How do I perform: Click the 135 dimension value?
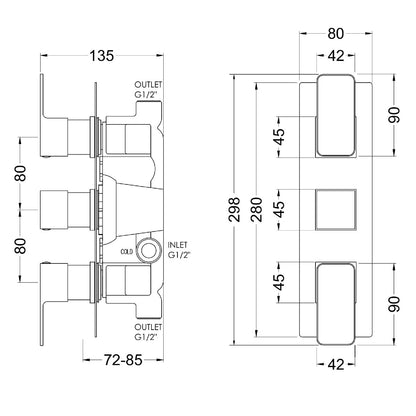click(102, 55)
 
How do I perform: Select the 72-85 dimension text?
click(123, 360)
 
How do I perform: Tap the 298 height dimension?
click(235, 209)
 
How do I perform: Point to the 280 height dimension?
click(257, 209)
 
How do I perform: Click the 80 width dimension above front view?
click(336, 34)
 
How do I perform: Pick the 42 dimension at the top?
click(336, 55)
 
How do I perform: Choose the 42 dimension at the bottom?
click(336, 364)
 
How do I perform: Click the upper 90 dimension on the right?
click(394, 115)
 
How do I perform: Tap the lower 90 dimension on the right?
click(394, 304)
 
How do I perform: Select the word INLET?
click(177, 245)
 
